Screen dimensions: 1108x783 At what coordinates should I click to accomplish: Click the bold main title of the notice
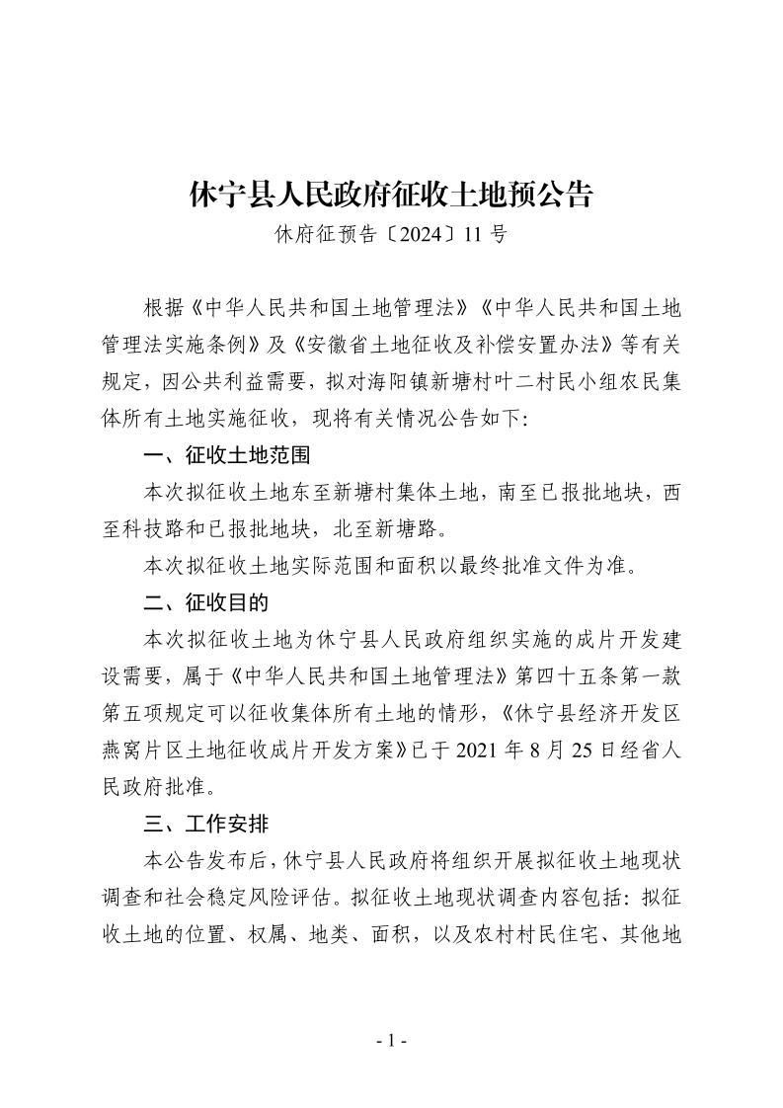point(391,195)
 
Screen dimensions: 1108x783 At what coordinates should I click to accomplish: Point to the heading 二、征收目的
point(204,602)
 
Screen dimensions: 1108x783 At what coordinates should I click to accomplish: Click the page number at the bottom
point(391,1040)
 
